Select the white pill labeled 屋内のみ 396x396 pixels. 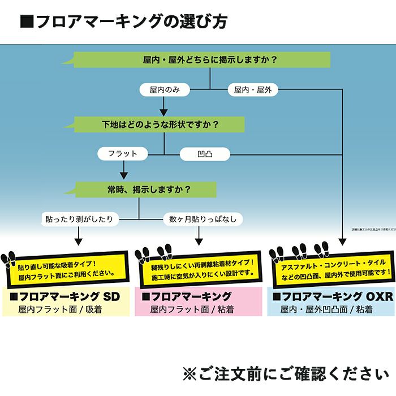tap(164, 89)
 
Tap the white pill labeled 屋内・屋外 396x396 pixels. tap(253, 89)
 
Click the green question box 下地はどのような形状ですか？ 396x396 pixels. tap(160, 124)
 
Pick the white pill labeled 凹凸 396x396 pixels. tap(205, 153)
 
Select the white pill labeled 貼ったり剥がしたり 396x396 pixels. tap(80, 218)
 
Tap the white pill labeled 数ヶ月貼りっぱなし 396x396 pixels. tap(203, 218)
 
